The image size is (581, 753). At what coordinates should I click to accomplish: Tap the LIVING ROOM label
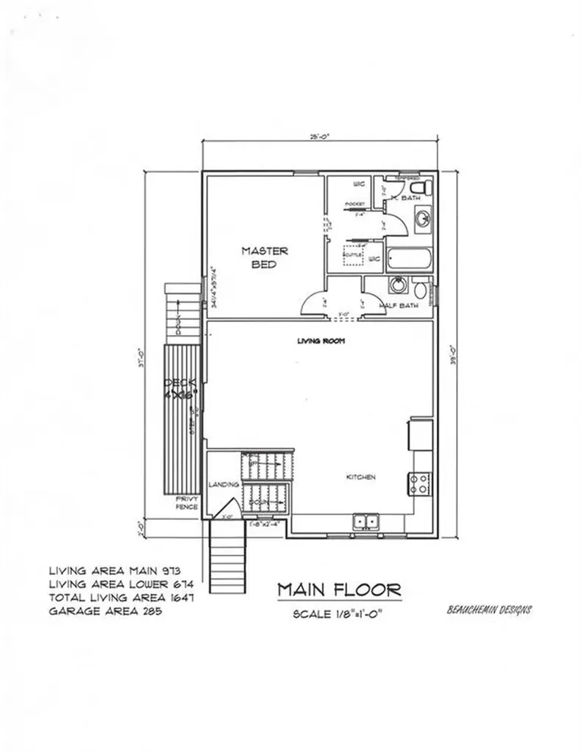tap(321, 341)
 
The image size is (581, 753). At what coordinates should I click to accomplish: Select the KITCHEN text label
tap(361, 477)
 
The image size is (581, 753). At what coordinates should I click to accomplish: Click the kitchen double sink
tap(366, 522)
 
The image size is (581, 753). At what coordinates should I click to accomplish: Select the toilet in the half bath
tap(420, 288)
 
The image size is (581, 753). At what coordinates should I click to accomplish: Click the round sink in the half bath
tap(397, 285)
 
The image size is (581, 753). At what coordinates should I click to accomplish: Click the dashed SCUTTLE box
tap(352, 254)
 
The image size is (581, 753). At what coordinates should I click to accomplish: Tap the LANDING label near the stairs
tap(221, 485)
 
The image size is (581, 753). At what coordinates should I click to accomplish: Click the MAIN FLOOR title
tap(339, 589)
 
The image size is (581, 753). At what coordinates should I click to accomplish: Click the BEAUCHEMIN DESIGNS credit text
tap(490, 610)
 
